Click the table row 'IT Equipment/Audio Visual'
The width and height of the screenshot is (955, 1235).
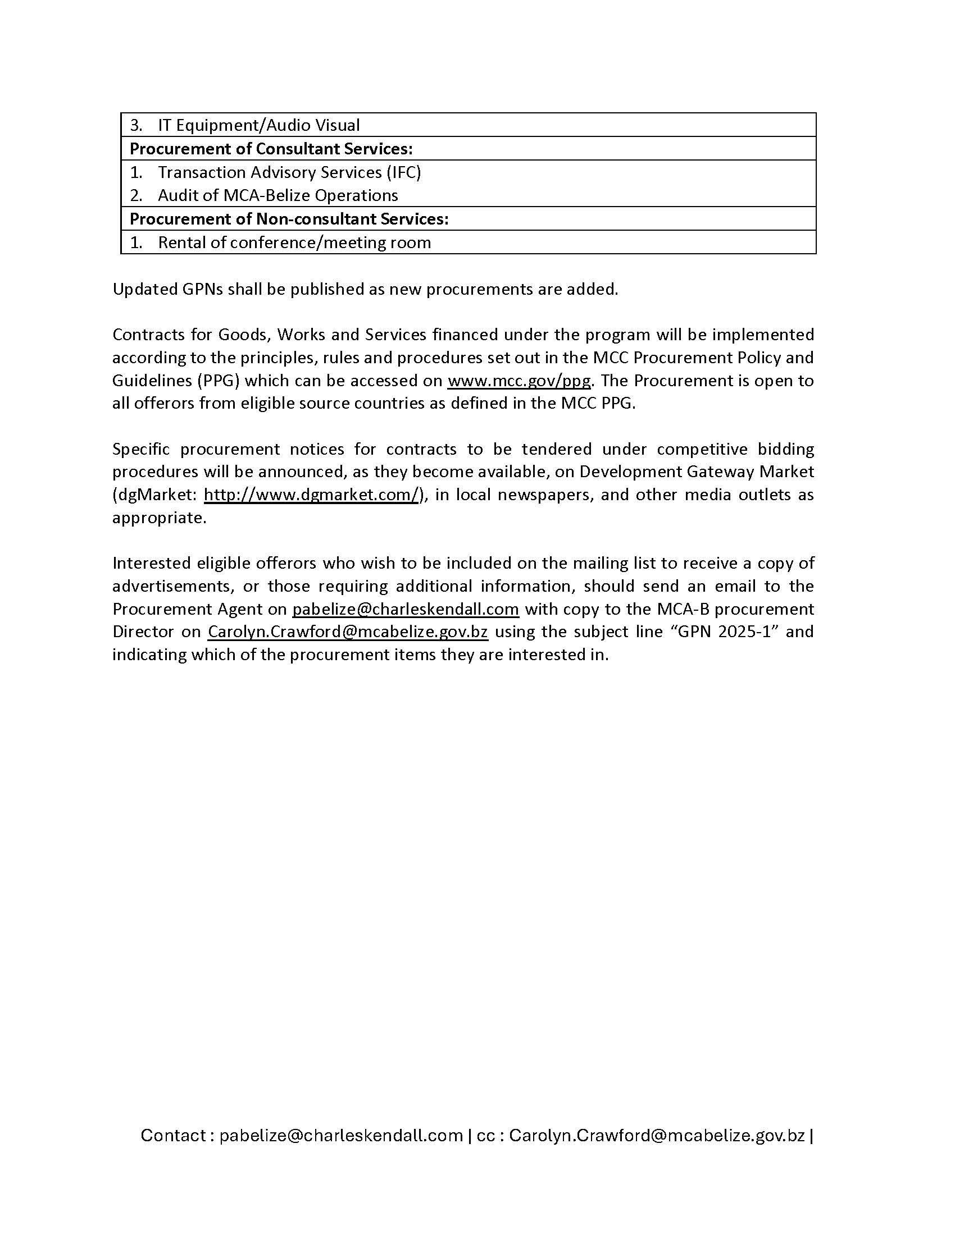point(258,125)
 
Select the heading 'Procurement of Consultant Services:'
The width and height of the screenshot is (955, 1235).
point(271,149)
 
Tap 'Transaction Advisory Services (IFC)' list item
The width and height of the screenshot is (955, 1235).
point(289,172)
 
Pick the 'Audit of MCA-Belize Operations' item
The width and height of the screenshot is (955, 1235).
point(278,195)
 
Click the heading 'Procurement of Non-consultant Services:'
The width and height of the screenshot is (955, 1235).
point(289,219)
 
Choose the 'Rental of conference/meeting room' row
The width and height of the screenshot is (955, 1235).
point(294,243)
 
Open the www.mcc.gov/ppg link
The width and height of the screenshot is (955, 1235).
point(519,381)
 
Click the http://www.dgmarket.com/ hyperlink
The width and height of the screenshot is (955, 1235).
point(311,495)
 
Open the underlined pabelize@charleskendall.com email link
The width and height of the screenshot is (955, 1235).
point(405,609)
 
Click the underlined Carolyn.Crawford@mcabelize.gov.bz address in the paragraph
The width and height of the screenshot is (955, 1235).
point(347,632)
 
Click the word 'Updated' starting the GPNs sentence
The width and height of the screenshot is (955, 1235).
point(144,289)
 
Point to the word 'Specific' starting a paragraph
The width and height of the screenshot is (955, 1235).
point(141,449)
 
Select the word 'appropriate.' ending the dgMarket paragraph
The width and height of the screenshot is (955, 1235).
point(159,518)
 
